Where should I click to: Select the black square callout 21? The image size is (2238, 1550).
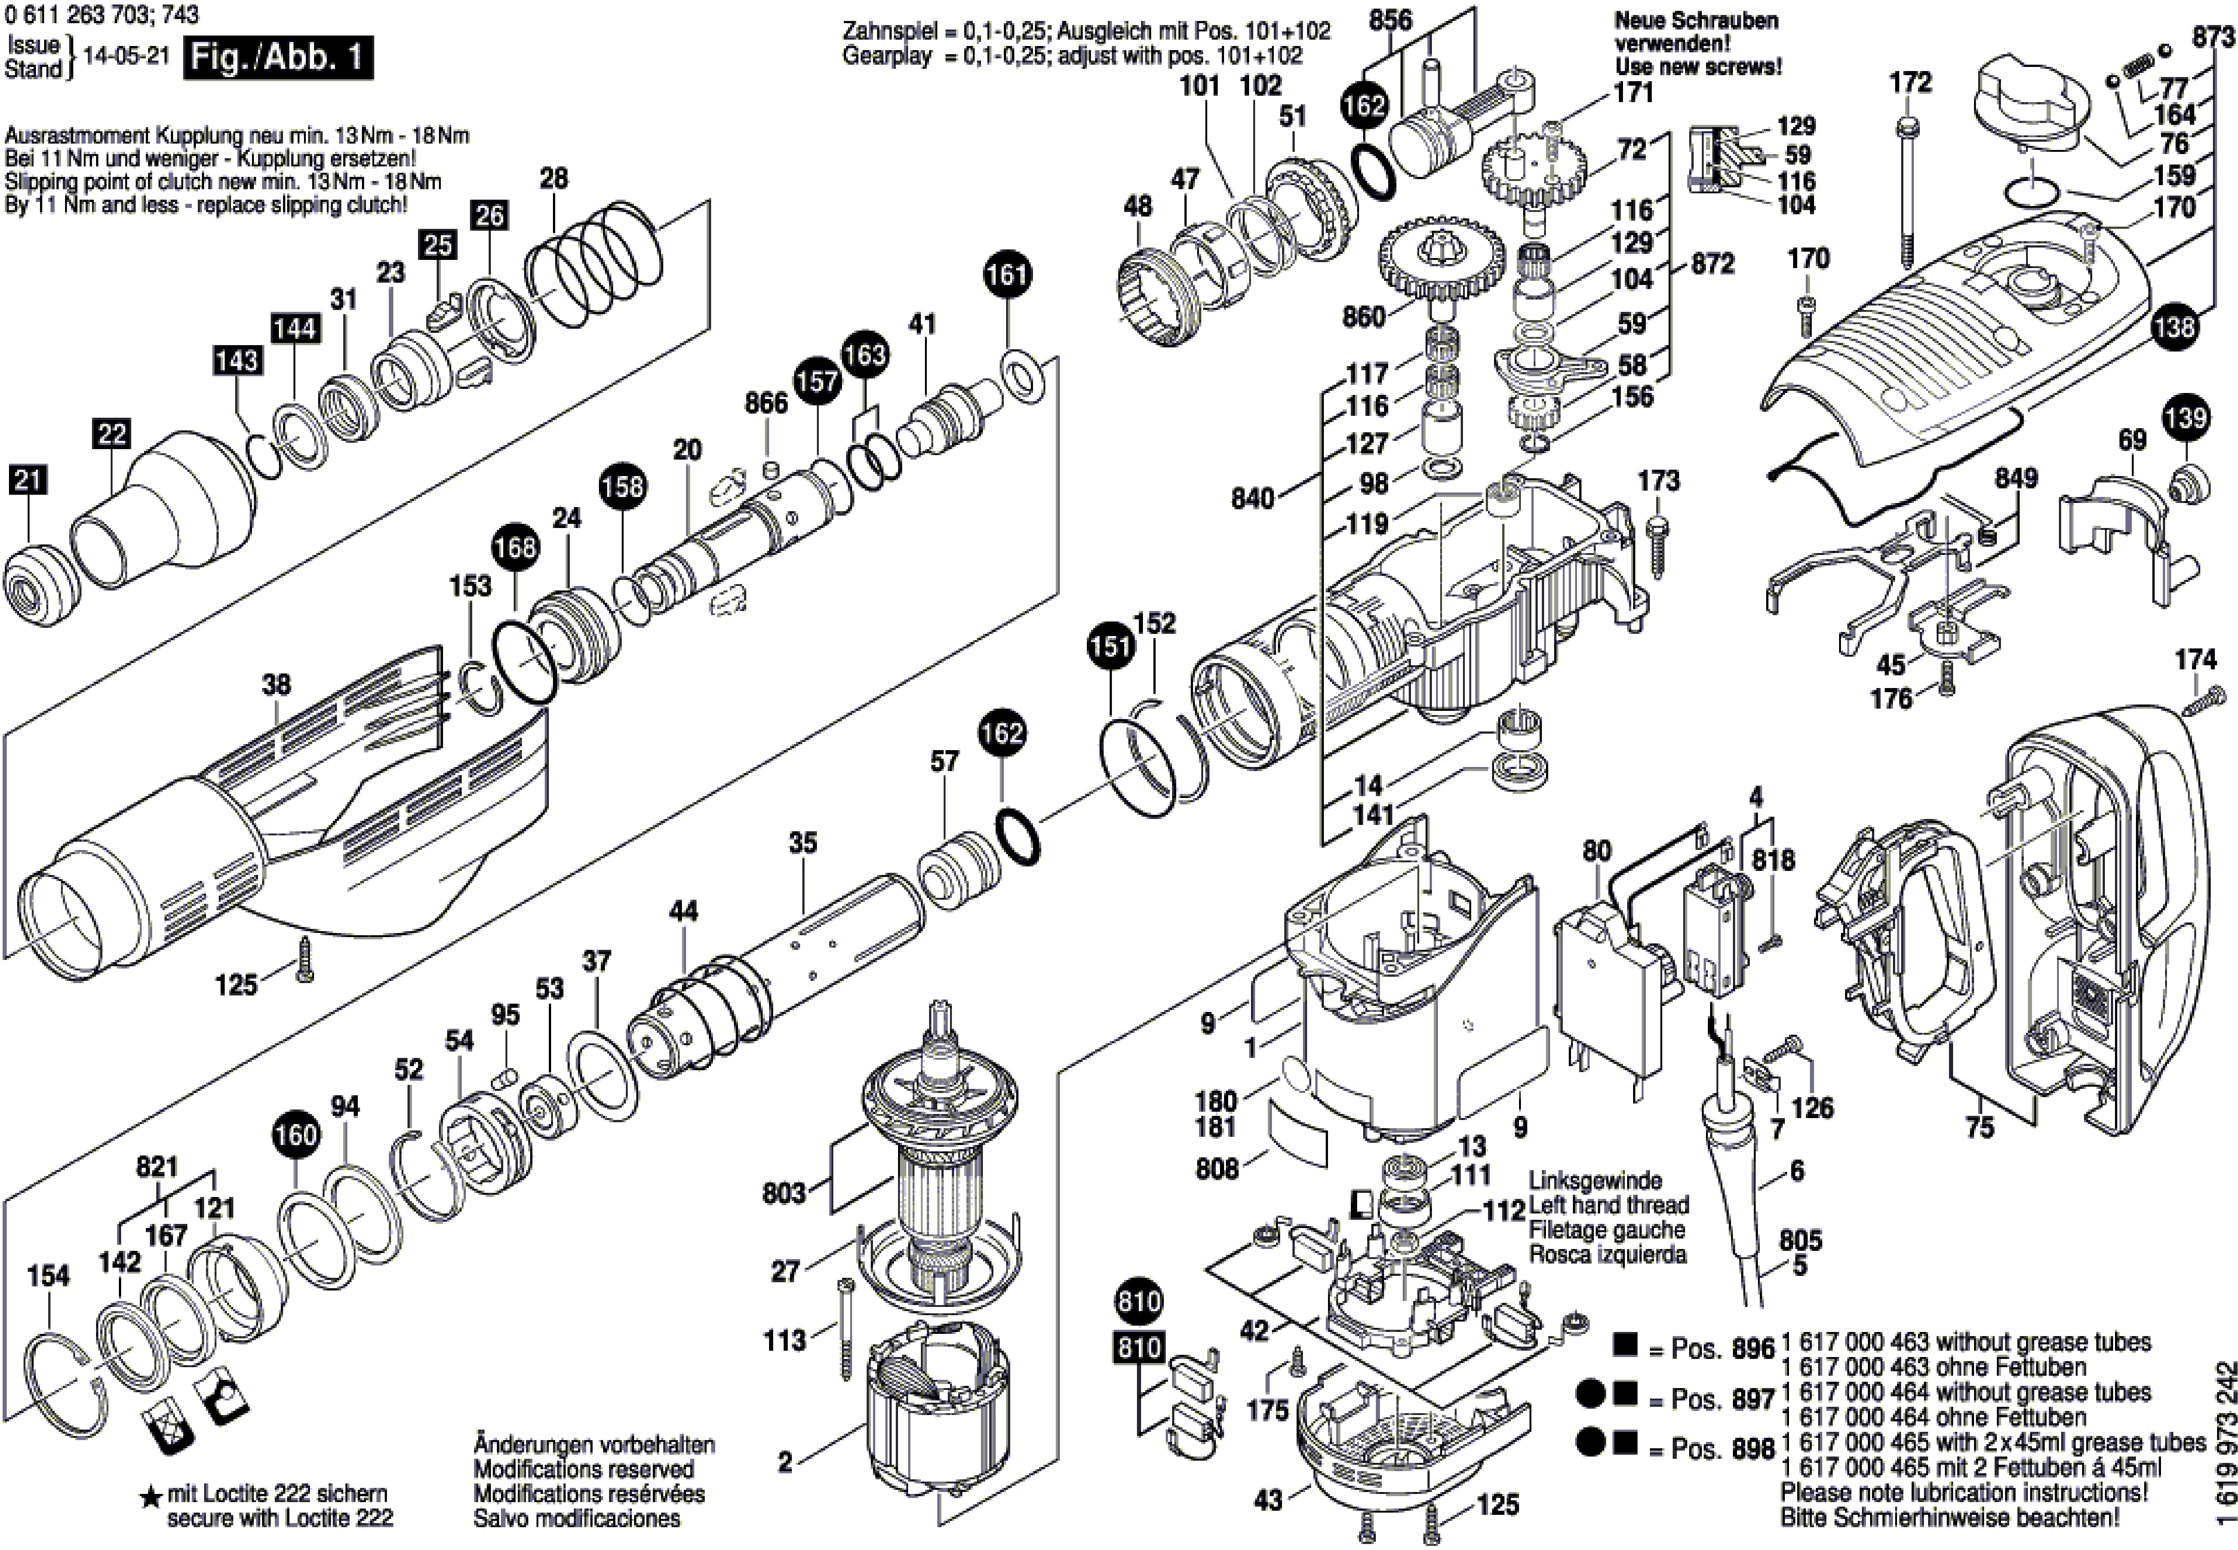coord(28,480)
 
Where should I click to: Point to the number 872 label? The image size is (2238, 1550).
coord(1712,264)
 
